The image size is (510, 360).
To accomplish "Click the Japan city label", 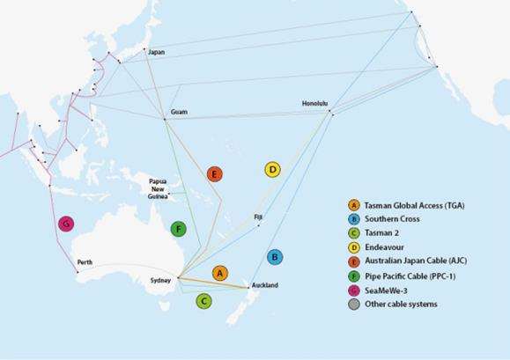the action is point(156,52).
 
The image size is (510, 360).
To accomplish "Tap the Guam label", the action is point(179,112).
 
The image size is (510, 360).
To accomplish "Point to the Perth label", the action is point(85,262).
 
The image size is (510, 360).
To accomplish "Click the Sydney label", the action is point(161,281).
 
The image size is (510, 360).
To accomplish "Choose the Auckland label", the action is point(264,285).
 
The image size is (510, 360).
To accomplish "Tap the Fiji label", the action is point(258,216).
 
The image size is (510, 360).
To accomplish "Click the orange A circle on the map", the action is point(219,273).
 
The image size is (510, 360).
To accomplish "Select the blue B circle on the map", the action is point(275,257).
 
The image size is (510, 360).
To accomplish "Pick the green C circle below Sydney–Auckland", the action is point(204,301).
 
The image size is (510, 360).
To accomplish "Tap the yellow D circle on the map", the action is point(273,169).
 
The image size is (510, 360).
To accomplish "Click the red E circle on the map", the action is point(214,173).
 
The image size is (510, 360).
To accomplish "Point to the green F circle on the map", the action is point(179,229).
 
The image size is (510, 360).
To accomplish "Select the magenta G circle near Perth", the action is point(65,224).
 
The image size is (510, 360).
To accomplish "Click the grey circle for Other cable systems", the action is point(353,305).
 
